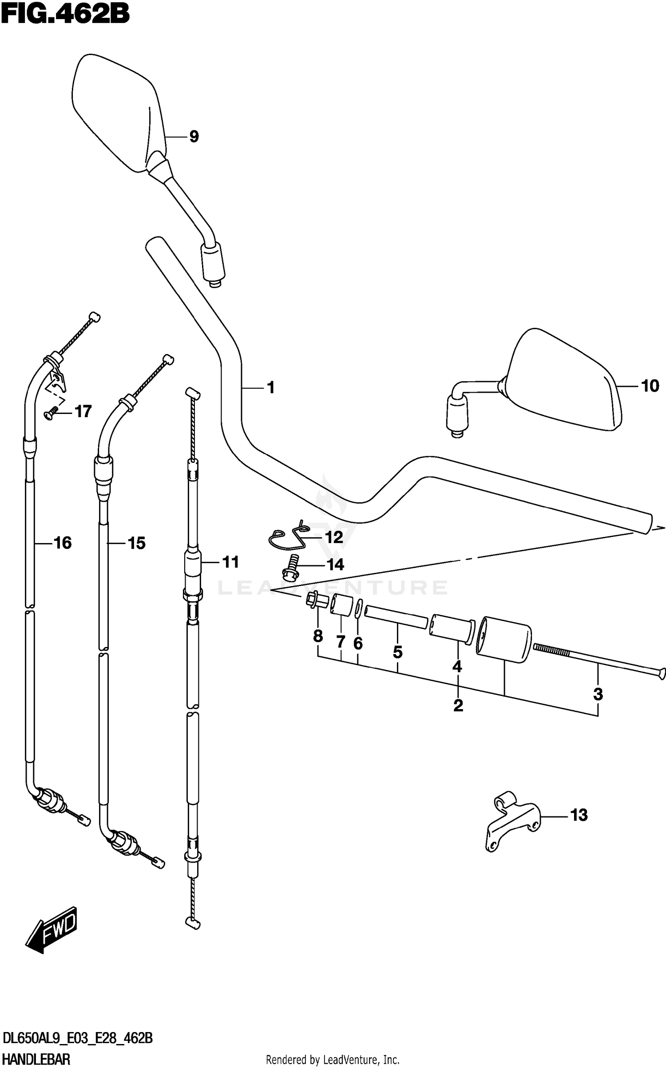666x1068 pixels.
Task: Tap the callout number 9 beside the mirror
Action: [194, 137]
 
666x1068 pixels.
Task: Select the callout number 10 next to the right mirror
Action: [650, 386]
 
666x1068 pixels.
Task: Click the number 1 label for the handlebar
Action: [270, 388]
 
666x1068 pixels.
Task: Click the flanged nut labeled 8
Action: [316, 601]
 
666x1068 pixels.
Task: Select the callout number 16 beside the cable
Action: [63, 543]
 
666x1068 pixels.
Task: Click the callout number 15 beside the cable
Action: [136, 543]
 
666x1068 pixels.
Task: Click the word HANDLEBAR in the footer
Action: [37, 1060]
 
